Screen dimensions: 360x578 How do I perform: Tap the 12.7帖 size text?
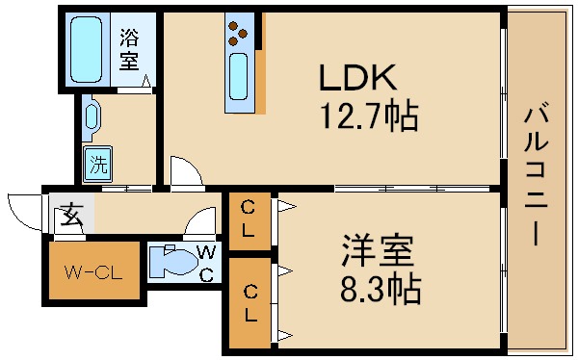(x=369, y=117)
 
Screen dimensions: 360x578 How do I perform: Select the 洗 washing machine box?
(x=97, y=164)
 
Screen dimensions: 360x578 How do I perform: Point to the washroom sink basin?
(x=92, y=117)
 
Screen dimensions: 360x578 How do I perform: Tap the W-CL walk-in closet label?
(x=92, y=272)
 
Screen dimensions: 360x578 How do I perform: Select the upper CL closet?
(x=249, y=219)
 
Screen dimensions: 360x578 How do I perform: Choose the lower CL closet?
(x=249, y=302)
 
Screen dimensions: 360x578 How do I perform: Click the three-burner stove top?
(x=238, y=38)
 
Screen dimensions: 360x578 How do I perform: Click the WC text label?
(x=204, y=262)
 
